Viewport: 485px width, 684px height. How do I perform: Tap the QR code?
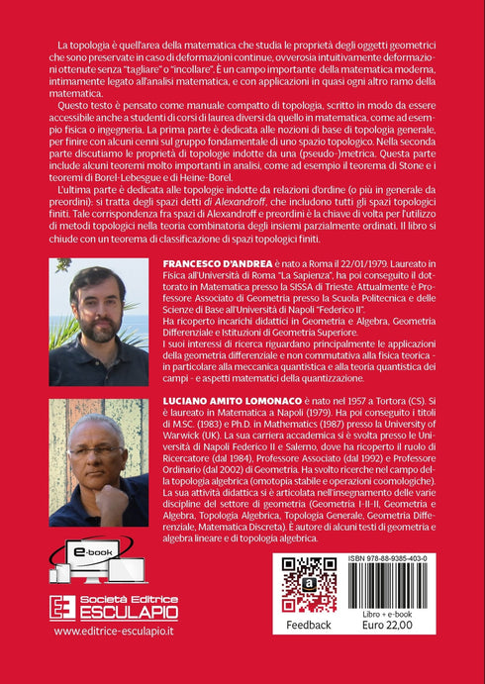tap(310, 585)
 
